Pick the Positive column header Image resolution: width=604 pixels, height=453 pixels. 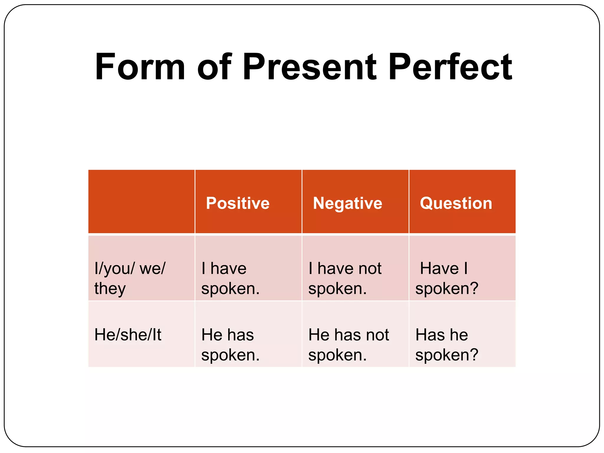pos(238,203)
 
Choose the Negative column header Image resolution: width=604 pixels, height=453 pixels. pos(347,203)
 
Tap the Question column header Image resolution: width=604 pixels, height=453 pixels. pos(456,203)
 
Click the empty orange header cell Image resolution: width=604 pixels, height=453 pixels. pos(141,202)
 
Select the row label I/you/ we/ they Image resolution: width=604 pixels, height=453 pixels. pos(130,278)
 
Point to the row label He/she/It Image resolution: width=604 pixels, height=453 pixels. pos(128,335)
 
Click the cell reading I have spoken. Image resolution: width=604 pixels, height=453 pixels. pos(230,278)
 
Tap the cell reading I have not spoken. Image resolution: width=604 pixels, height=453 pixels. pos(345,278)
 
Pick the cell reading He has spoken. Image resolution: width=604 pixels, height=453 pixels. pos(230,344)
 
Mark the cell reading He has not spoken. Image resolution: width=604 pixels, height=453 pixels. pos(349,344)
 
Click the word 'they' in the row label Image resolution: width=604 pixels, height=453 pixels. pos(110,288)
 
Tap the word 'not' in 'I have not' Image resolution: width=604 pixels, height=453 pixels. pos(370,268)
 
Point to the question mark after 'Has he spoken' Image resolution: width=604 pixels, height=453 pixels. pos(474,354)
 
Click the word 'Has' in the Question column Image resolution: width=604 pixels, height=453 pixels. pos(426,335)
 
